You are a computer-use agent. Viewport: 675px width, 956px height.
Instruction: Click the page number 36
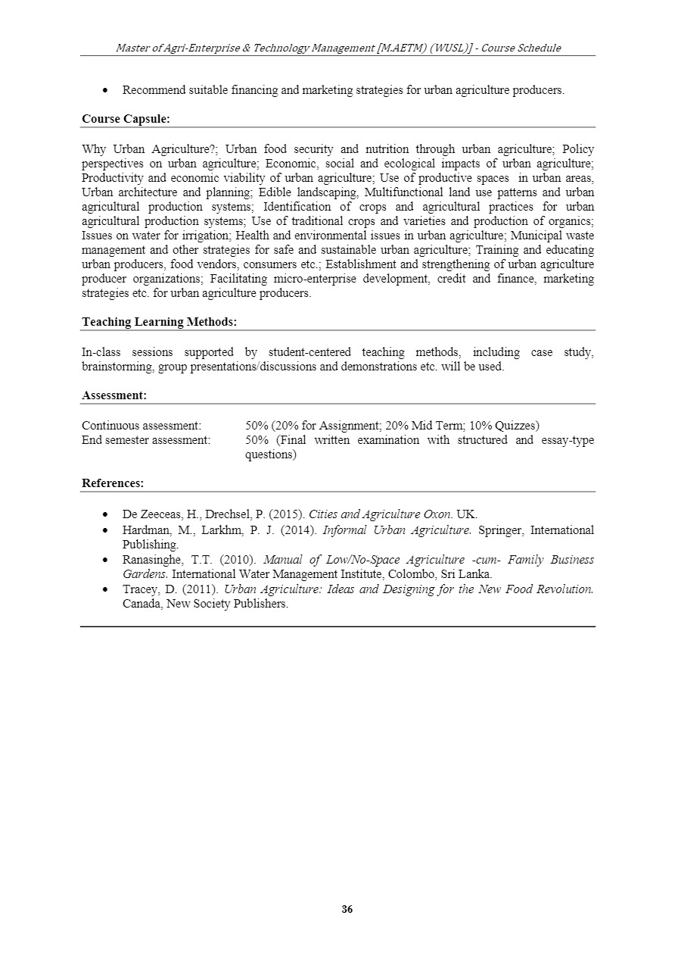tap(347, 909)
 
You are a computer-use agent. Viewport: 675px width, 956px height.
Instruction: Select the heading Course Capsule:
tap(126, 119)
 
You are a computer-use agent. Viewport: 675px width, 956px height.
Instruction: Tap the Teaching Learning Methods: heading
tap(159, 322)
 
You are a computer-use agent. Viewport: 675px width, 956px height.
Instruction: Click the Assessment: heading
tap(114, 395)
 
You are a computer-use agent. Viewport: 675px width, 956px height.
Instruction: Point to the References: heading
tap(113, 483)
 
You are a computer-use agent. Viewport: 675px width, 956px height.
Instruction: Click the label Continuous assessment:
tap(142, 426)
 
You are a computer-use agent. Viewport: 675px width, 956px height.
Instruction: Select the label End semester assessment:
tap(146, 440)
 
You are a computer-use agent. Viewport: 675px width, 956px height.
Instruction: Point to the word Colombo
tap(406, 574)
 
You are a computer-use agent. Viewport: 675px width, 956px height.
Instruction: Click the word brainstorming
tap(117, 367)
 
